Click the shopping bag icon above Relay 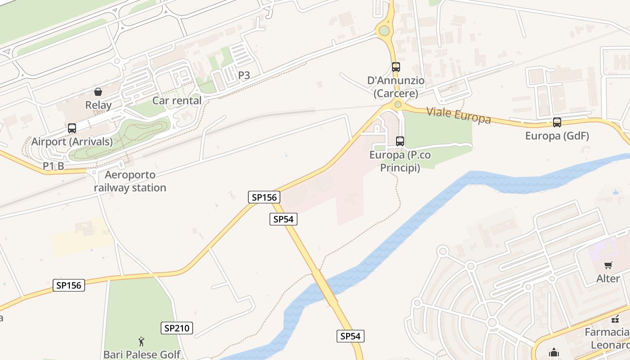point(98,92)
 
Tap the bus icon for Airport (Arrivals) point(72,128)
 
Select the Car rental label point(177,101)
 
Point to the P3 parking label point(244,75)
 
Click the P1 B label point(54,166)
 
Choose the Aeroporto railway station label point(130,181)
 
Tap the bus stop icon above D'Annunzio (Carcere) point(396,67)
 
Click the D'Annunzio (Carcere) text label point(396,87)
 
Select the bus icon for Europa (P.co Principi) point(400,141)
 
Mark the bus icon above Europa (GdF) point(557,122)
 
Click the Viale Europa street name point(458,115)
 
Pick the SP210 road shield point(177,328)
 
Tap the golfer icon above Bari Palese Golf point(142,342)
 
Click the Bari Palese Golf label point(142,355)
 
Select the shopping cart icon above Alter point(608,265)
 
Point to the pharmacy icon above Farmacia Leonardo point(615,319)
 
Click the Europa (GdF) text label point(557,136)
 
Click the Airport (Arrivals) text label point(72,142)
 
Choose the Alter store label point(608,279)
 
